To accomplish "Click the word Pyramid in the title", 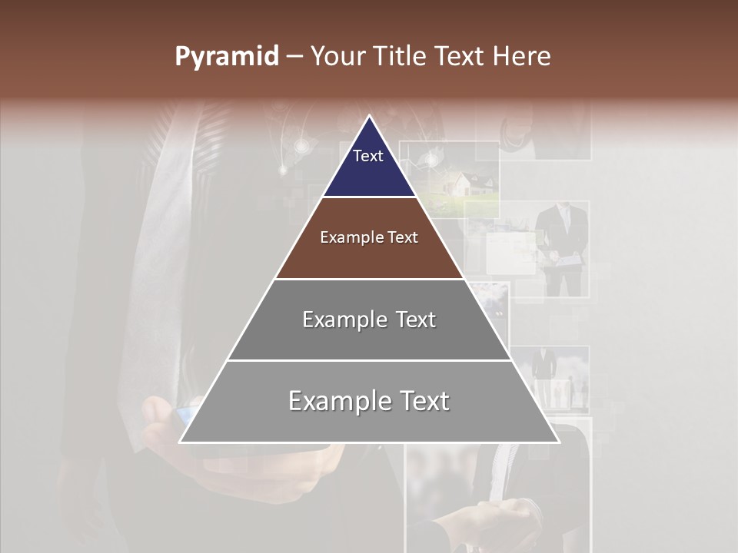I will (x=226, y=57).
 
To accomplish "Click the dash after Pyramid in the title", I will (x=294, y=57).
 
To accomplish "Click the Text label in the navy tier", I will (x=368, y=156).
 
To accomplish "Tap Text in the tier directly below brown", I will (x=416, y=320).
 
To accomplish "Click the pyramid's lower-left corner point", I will (x=180, y=442).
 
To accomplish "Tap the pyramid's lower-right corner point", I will (x=559, y=442).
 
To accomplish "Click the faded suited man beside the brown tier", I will (x=563, y=246).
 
